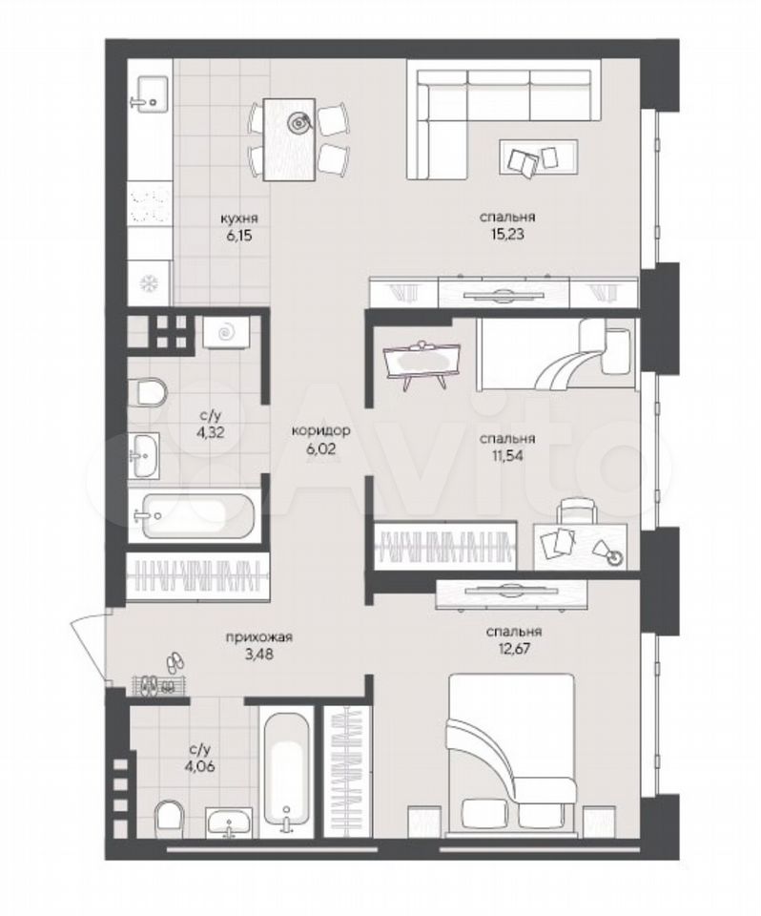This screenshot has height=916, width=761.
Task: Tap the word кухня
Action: pos(238,219)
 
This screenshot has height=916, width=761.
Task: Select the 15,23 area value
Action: pos(507,235)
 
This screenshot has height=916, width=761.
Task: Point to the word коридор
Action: pos(320,431)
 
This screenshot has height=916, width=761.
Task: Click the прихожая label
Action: pos(259,637)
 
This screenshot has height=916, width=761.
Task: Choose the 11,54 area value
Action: pos(507,456)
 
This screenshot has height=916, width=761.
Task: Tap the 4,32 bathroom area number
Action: pos(212,433)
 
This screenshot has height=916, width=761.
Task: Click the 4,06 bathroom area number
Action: pos(201,766)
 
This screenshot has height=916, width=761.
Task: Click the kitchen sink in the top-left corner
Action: pos(149,94)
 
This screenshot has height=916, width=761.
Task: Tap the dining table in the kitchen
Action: pos(290,139)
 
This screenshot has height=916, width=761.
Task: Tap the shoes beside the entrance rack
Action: pos(175,662)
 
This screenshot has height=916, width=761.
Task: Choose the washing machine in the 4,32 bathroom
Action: pos(226,333)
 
